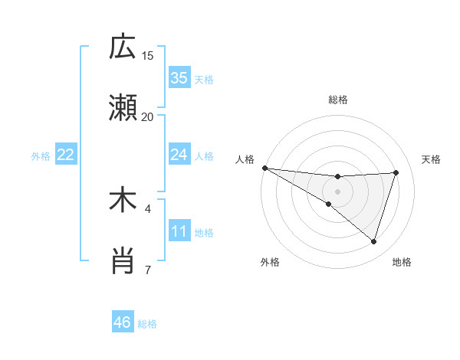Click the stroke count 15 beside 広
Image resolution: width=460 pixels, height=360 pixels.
point(148,55)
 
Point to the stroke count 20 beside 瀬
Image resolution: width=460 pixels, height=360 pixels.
point(148,116)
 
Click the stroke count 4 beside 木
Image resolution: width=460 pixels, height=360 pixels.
point(148,208)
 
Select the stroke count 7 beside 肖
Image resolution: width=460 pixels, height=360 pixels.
point(148,270)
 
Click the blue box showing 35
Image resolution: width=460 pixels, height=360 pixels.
point(179,78)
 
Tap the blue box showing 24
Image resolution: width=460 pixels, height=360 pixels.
point(179,155)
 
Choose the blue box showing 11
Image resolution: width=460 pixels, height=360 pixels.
point(179,231)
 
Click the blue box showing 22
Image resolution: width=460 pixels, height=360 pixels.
point(66,155)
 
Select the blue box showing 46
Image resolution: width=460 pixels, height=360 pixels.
point(123,322)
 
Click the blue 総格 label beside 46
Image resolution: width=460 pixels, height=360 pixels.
point(147,324)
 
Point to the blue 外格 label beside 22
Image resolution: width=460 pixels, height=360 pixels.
point(41,156)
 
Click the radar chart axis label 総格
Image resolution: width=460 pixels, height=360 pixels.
point(337,100)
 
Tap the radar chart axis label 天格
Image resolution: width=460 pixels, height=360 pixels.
point(431,159)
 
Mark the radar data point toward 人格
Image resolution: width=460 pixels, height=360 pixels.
point(264,167)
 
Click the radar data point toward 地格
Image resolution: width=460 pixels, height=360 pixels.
point(373,241)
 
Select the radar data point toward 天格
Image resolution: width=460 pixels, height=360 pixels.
point(396,172)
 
